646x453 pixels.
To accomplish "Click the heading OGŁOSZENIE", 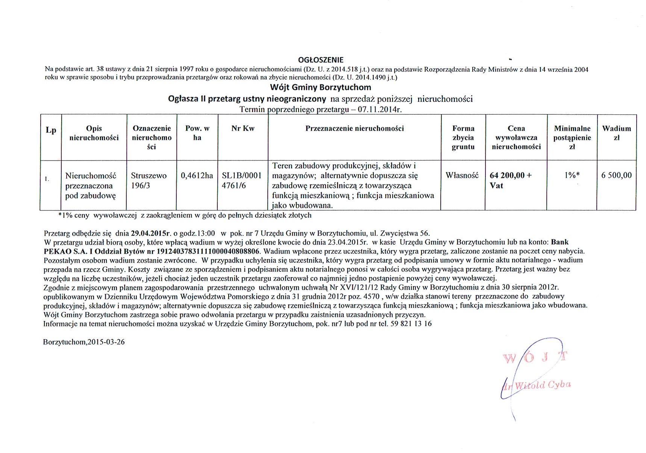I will click(x=320, y=60).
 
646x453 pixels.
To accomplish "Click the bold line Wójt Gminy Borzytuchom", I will click(x=320, y=88).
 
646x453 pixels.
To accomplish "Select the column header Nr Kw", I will click(x=243, y=129).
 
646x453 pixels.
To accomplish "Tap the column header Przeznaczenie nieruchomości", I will click(x=354, y=129).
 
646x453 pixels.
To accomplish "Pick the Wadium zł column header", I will click(x=616, y=133).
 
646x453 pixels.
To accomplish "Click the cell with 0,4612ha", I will click(x=197, y=176).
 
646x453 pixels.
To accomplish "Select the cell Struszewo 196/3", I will click(x=149, y=180).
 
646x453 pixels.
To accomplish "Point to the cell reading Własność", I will click(x=462, y=175).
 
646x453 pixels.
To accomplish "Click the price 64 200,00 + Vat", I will click(x=511, y=180).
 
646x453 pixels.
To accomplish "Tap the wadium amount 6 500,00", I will click(x=616, y=175).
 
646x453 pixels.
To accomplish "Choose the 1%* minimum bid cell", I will click(x=572, y=175).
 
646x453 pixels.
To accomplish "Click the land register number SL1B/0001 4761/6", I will click(x=241, y=180).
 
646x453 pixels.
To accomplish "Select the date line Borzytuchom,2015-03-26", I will click(x=84, y=342).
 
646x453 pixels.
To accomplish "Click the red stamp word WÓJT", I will click(x=535, y=358).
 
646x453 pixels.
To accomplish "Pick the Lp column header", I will click(x=51, y=130).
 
